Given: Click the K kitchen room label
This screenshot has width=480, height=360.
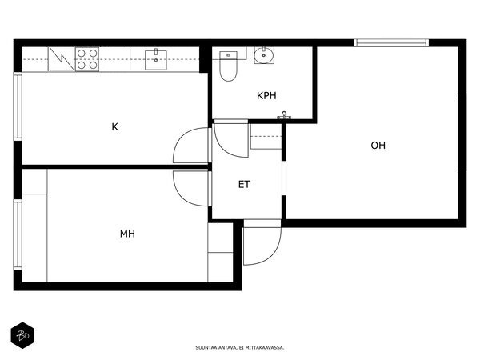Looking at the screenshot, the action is point(114,126).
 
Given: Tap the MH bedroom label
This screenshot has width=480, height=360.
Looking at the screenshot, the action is point(127,234).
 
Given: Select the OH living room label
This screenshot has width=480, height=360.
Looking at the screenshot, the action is point(378,145).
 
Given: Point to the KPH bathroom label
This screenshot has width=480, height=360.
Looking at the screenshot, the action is point(266,96).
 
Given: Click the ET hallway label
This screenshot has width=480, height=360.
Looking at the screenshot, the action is point(244,184).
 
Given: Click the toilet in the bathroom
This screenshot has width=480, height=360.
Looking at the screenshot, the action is point(228,66).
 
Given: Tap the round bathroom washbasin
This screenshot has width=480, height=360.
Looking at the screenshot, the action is point(264,55).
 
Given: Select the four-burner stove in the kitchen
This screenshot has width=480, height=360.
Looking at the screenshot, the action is point(87,59).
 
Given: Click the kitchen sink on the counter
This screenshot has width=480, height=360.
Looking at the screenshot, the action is point(156,60).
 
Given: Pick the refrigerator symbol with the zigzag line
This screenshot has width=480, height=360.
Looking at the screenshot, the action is point(62,58).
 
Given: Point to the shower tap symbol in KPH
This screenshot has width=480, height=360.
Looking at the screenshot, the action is point(285,115).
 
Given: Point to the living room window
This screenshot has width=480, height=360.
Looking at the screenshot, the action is point(391,43).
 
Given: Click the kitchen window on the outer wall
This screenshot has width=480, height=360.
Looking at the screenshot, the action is point(18,106).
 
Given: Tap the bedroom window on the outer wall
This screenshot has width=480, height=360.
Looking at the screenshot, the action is point(18,234).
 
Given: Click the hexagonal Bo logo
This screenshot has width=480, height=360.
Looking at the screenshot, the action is point(22,335).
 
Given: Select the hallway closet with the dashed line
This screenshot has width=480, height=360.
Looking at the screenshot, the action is point(266,137).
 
